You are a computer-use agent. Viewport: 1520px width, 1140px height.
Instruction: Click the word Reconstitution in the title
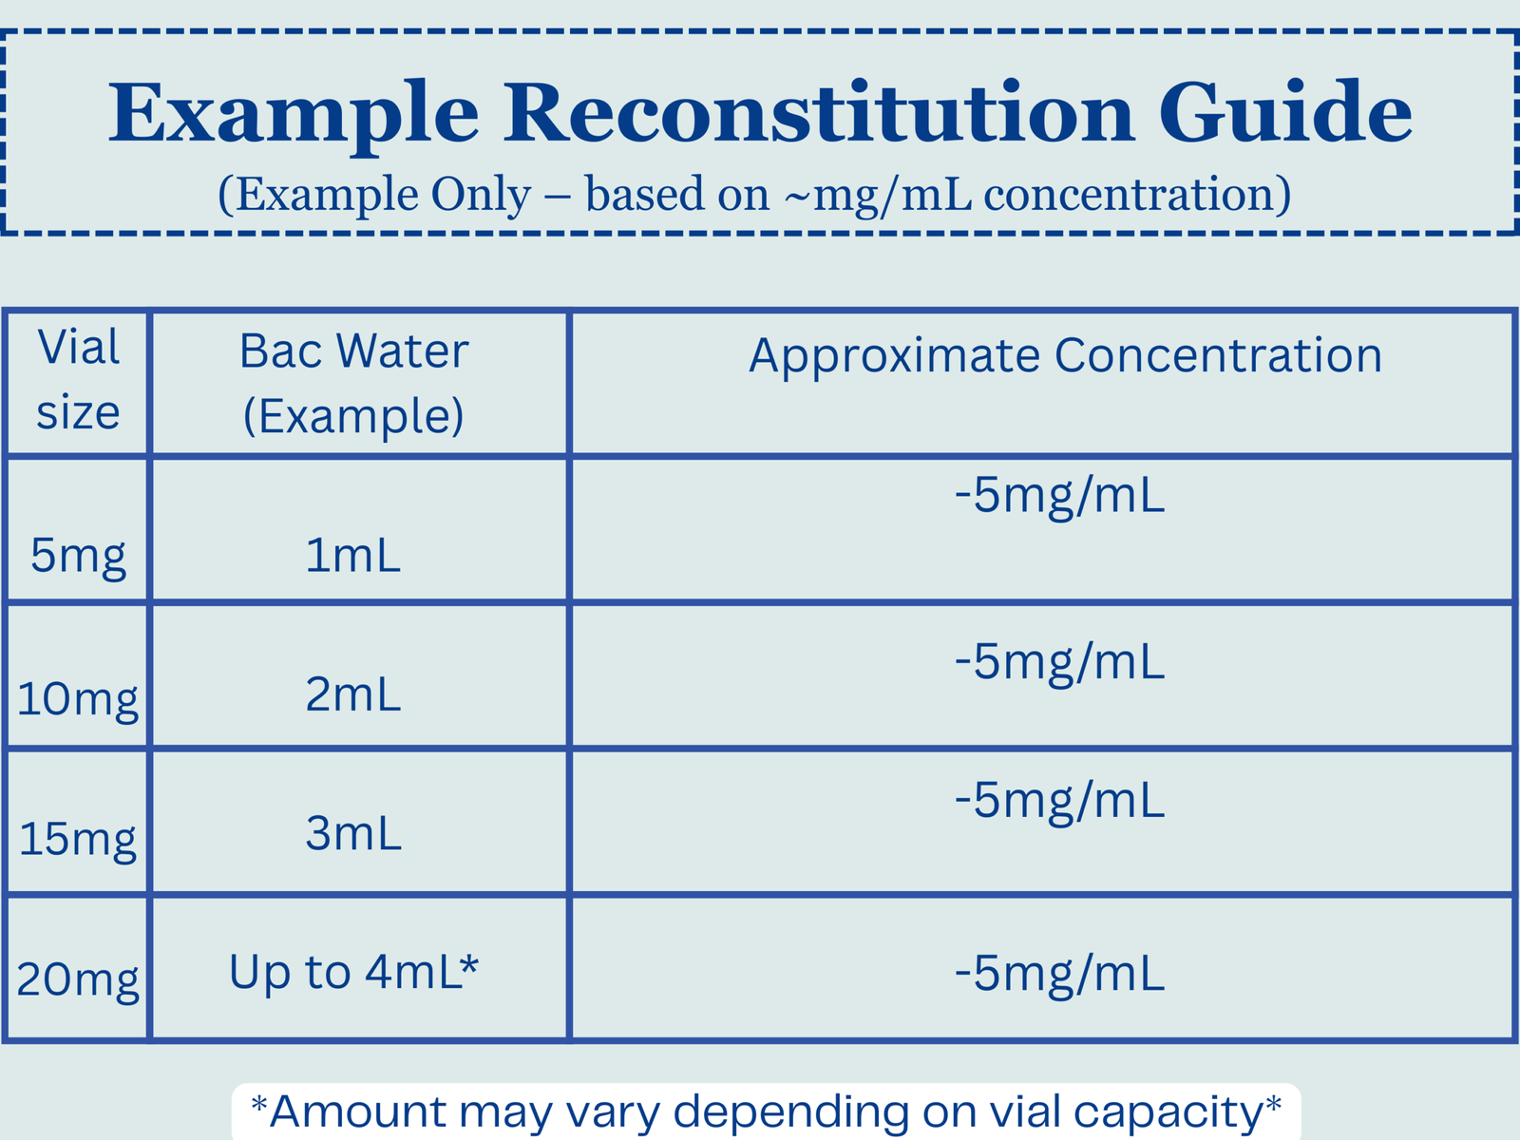[x=819, y=112]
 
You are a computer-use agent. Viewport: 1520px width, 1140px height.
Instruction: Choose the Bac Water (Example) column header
[x=353, y=384]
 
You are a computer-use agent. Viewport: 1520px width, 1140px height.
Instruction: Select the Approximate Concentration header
[x=1065, y=357]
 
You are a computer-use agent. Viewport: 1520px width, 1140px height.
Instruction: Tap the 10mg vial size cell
[x=78, y=699]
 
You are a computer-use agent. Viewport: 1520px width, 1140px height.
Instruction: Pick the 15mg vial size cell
[x=78, y=840]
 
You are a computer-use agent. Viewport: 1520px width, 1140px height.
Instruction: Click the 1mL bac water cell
[x=353, y=555]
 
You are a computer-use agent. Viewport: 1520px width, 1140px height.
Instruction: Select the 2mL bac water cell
[x=353, y=694]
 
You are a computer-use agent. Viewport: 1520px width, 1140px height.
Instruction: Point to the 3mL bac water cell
[x=353, y=833]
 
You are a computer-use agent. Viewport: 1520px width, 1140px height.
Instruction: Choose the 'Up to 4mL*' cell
[x=353, y=973]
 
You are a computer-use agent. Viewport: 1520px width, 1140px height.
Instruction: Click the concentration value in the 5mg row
[x=1059, y=497]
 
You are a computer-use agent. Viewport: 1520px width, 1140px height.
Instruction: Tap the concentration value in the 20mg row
[x=1059, y=976]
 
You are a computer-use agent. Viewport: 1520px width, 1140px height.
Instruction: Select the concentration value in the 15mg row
[x=1059, y=802]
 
